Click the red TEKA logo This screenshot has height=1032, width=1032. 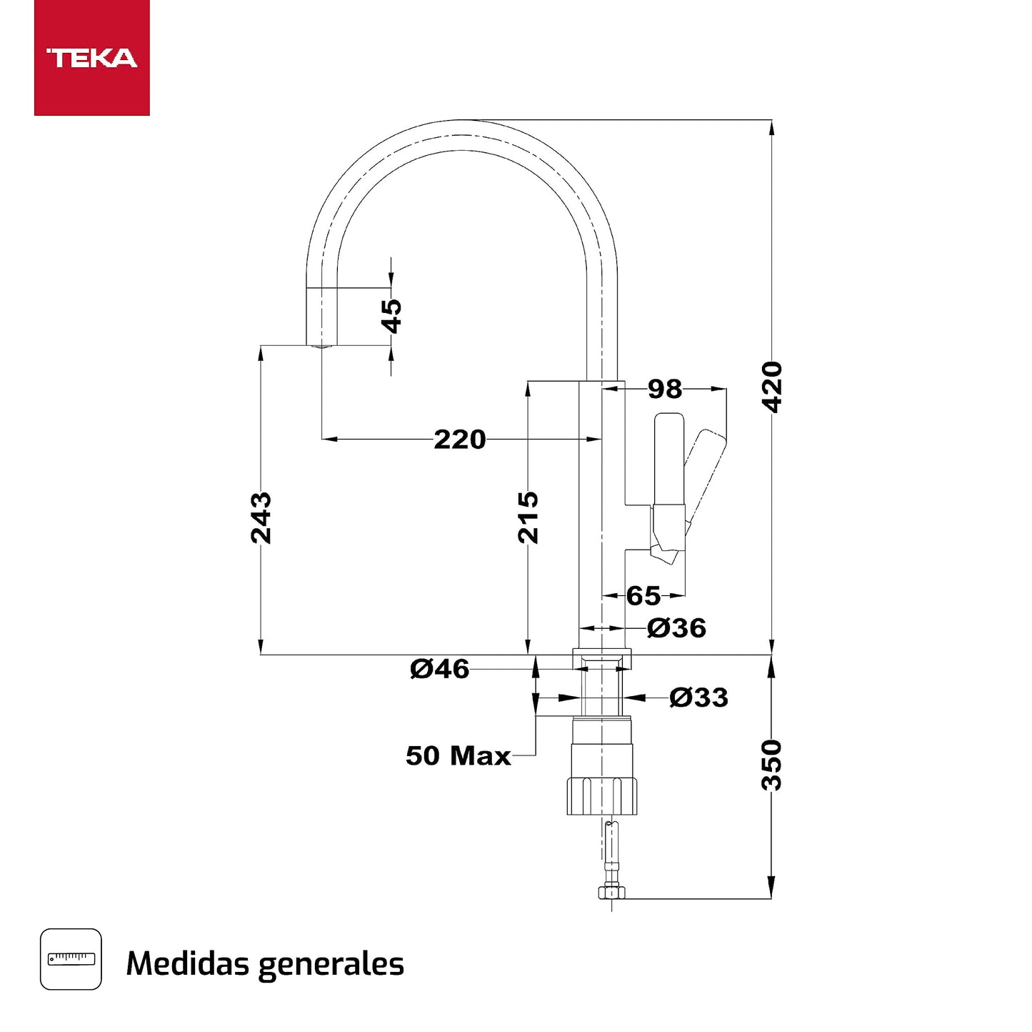coord(91,57)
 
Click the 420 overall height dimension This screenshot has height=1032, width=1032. coord(772,387)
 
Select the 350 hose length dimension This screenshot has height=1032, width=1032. coord(772,765)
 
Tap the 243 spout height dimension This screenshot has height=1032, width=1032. coord(261,517)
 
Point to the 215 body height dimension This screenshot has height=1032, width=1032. coord(528,517)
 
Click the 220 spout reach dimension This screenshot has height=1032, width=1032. coord(459,439)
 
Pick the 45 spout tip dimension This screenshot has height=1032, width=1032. coord(391,316)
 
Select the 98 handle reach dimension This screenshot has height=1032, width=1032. coord(664,389)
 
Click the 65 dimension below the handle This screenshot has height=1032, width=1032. coord(643,595)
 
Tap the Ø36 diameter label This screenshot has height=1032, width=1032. coord(676,628)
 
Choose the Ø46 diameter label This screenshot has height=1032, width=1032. coord(439,669)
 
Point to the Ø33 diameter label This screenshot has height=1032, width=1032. coord(698,697)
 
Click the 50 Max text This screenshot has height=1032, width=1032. coord(458,755)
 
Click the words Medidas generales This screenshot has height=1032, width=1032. coord(265,963)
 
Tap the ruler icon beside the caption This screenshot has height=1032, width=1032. coord(71,959)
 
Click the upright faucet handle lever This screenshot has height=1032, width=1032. coord(669,457)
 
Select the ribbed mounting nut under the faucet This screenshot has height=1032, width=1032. coord(601,795)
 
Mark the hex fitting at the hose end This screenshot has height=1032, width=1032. coord(611,892)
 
